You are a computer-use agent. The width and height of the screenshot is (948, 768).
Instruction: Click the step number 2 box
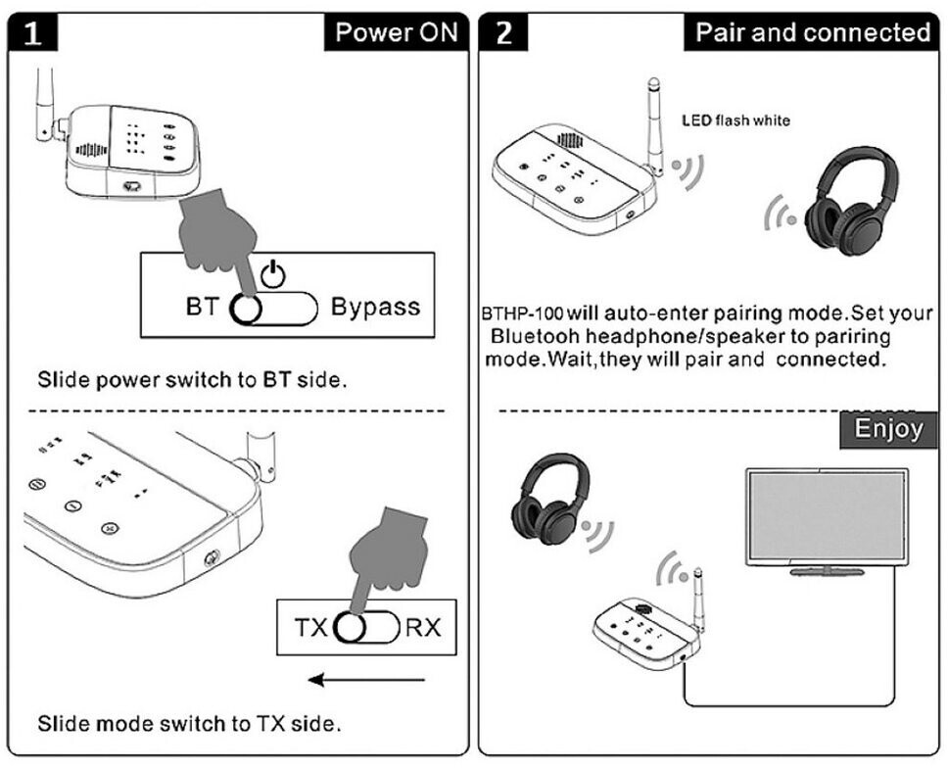point(505,32)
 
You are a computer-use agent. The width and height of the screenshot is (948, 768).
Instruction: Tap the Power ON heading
point(396,31)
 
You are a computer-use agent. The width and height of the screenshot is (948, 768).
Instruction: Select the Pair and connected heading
point(812,32)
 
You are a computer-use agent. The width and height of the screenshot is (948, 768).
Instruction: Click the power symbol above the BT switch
point(275,275)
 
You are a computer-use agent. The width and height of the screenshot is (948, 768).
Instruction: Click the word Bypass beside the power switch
point(375,307)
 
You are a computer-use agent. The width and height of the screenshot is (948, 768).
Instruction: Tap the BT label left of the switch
point(201,308)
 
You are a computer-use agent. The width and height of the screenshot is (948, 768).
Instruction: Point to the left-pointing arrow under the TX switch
point(366,679)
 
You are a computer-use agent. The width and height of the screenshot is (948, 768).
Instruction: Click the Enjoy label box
point(888,429)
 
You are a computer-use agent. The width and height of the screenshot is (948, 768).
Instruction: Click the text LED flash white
point(735,120)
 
